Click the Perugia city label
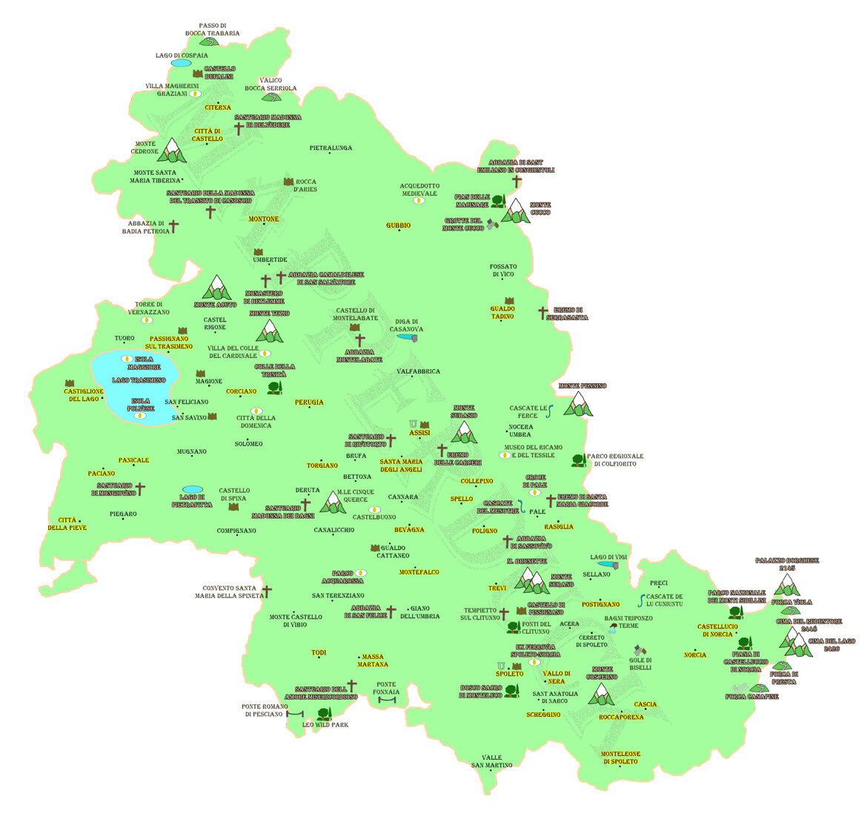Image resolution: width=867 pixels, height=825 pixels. (x=309, y=402)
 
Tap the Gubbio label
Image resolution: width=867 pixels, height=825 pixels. (x=398, y=225)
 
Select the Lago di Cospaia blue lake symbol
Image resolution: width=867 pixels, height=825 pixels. (x=181, y=64)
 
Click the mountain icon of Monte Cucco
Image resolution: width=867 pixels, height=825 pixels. (x=515, y=211)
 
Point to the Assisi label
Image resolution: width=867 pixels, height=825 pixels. (x=419, y=433)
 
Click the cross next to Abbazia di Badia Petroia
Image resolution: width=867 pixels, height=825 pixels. (x=174, y=227)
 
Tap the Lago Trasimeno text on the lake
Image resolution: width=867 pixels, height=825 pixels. (x=139, y=380)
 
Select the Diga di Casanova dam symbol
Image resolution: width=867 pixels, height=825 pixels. (x=407, y=338)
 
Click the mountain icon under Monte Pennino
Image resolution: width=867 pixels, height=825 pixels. (x=578, y=404)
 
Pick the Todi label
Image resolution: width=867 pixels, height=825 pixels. (x=318, y=653)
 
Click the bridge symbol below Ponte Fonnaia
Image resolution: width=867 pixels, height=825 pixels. (x=388, y=699)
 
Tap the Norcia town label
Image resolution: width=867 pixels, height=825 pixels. (x=695, y=655)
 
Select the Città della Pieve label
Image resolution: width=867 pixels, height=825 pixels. (x=67, y=524)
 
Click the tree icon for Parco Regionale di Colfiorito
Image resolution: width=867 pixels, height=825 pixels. (x=579, y=460)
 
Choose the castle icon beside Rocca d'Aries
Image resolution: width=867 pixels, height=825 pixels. (x=288, y=182)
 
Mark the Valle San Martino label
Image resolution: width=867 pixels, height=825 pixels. (x=491, y=761)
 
